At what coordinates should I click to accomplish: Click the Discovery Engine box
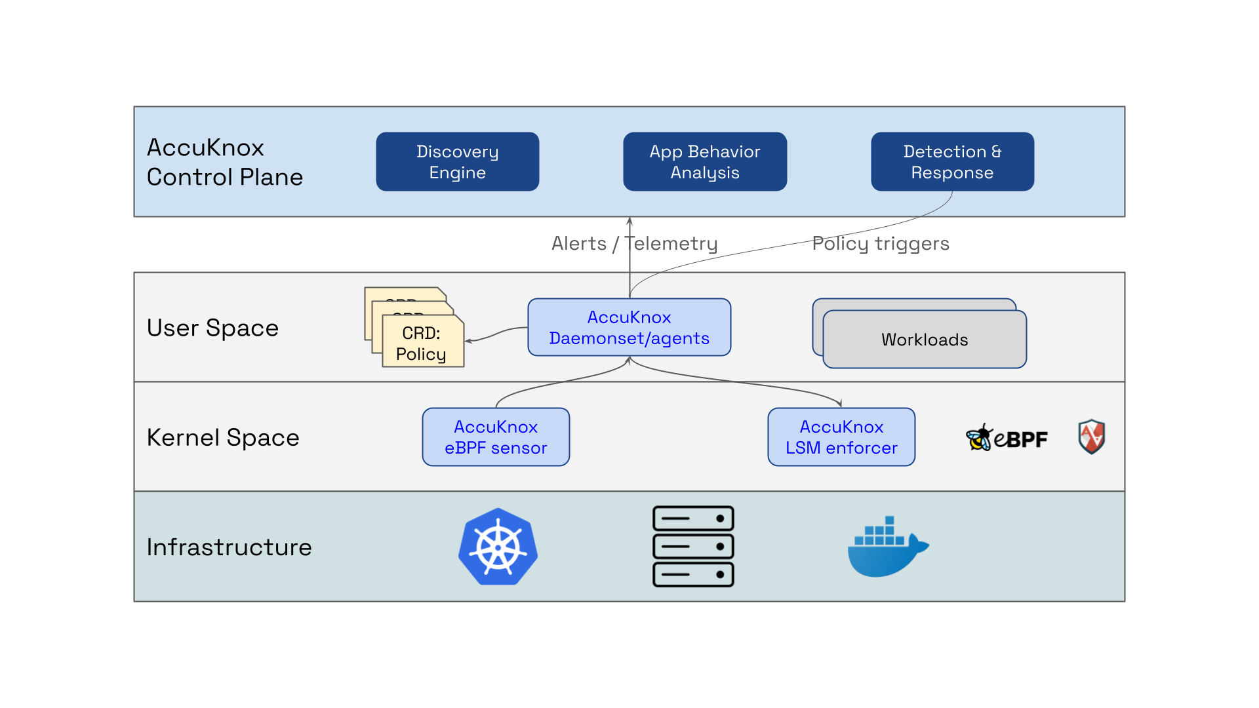coord(457,162)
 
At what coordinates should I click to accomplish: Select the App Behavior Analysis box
coord(704,162)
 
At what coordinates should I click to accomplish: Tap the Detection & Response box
coord(951,162)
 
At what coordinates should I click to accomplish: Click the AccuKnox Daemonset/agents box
coord(629,328)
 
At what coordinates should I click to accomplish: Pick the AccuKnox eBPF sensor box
coord(496,437)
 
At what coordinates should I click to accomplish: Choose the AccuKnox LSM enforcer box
coord(841,437)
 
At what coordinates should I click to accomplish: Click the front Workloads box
coord(925,340)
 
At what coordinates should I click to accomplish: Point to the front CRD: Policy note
coord(422,344)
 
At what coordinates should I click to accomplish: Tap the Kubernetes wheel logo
coord(498,547)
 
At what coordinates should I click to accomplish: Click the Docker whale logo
coord(887,548)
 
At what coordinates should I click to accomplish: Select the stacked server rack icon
coord(693,546)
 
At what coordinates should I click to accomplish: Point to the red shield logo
coord(1092,437)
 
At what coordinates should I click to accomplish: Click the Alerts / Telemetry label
coord(634,243)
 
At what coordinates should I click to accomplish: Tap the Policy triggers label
coord(880,243)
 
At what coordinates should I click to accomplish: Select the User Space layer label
coord(212,328)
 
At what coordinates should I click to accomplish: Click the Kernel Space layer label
coord(223,437)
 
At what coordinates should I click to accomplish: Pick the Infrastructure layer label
coord(229,547)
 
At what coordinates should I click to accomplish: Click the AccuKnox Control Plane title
coord(224,162)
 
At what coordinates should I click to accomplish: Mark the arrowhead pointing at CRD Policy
coord(468,341)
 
